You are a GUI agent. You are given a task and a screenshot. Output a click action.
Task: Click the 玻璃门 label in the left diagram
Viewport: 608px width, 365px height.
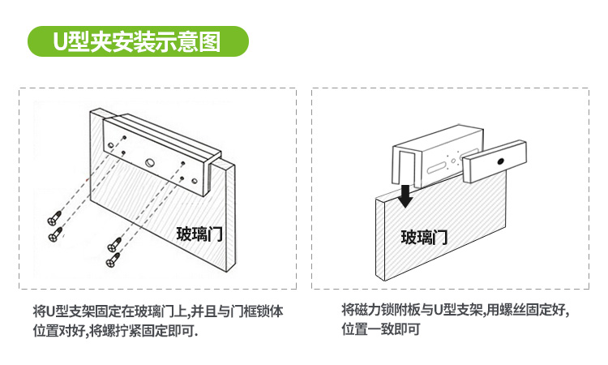pyautogui.click(x=199, y=234)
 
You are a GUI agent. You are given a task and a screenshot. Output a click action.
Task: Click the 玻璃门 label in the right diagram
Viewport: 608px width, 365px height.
pyautogui.click(x=424, y=237)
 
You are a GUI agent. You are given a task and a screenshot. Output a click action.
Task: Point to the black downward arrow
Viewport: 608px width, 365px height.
pyautogui.click(x=406, y=195)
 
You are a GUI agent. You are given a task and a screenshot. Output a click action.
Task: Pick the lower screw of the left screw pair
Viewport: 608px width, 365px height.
pyautogui.click(x=55, y=234)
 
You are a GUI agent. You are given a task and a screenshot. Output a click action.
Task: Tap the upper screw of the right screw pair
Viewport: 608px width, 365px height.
pyautogui.click(x=115, y=243)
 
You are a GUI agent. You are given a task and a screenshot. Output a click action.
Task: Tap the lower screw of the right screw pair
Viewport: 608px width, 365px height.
pyautogui.click(x=117, y=260)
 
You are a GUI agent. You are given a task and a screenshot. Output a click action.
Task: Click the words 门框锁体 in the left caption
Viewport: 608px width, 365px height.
pyautogui.click(x=258, y=311)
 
